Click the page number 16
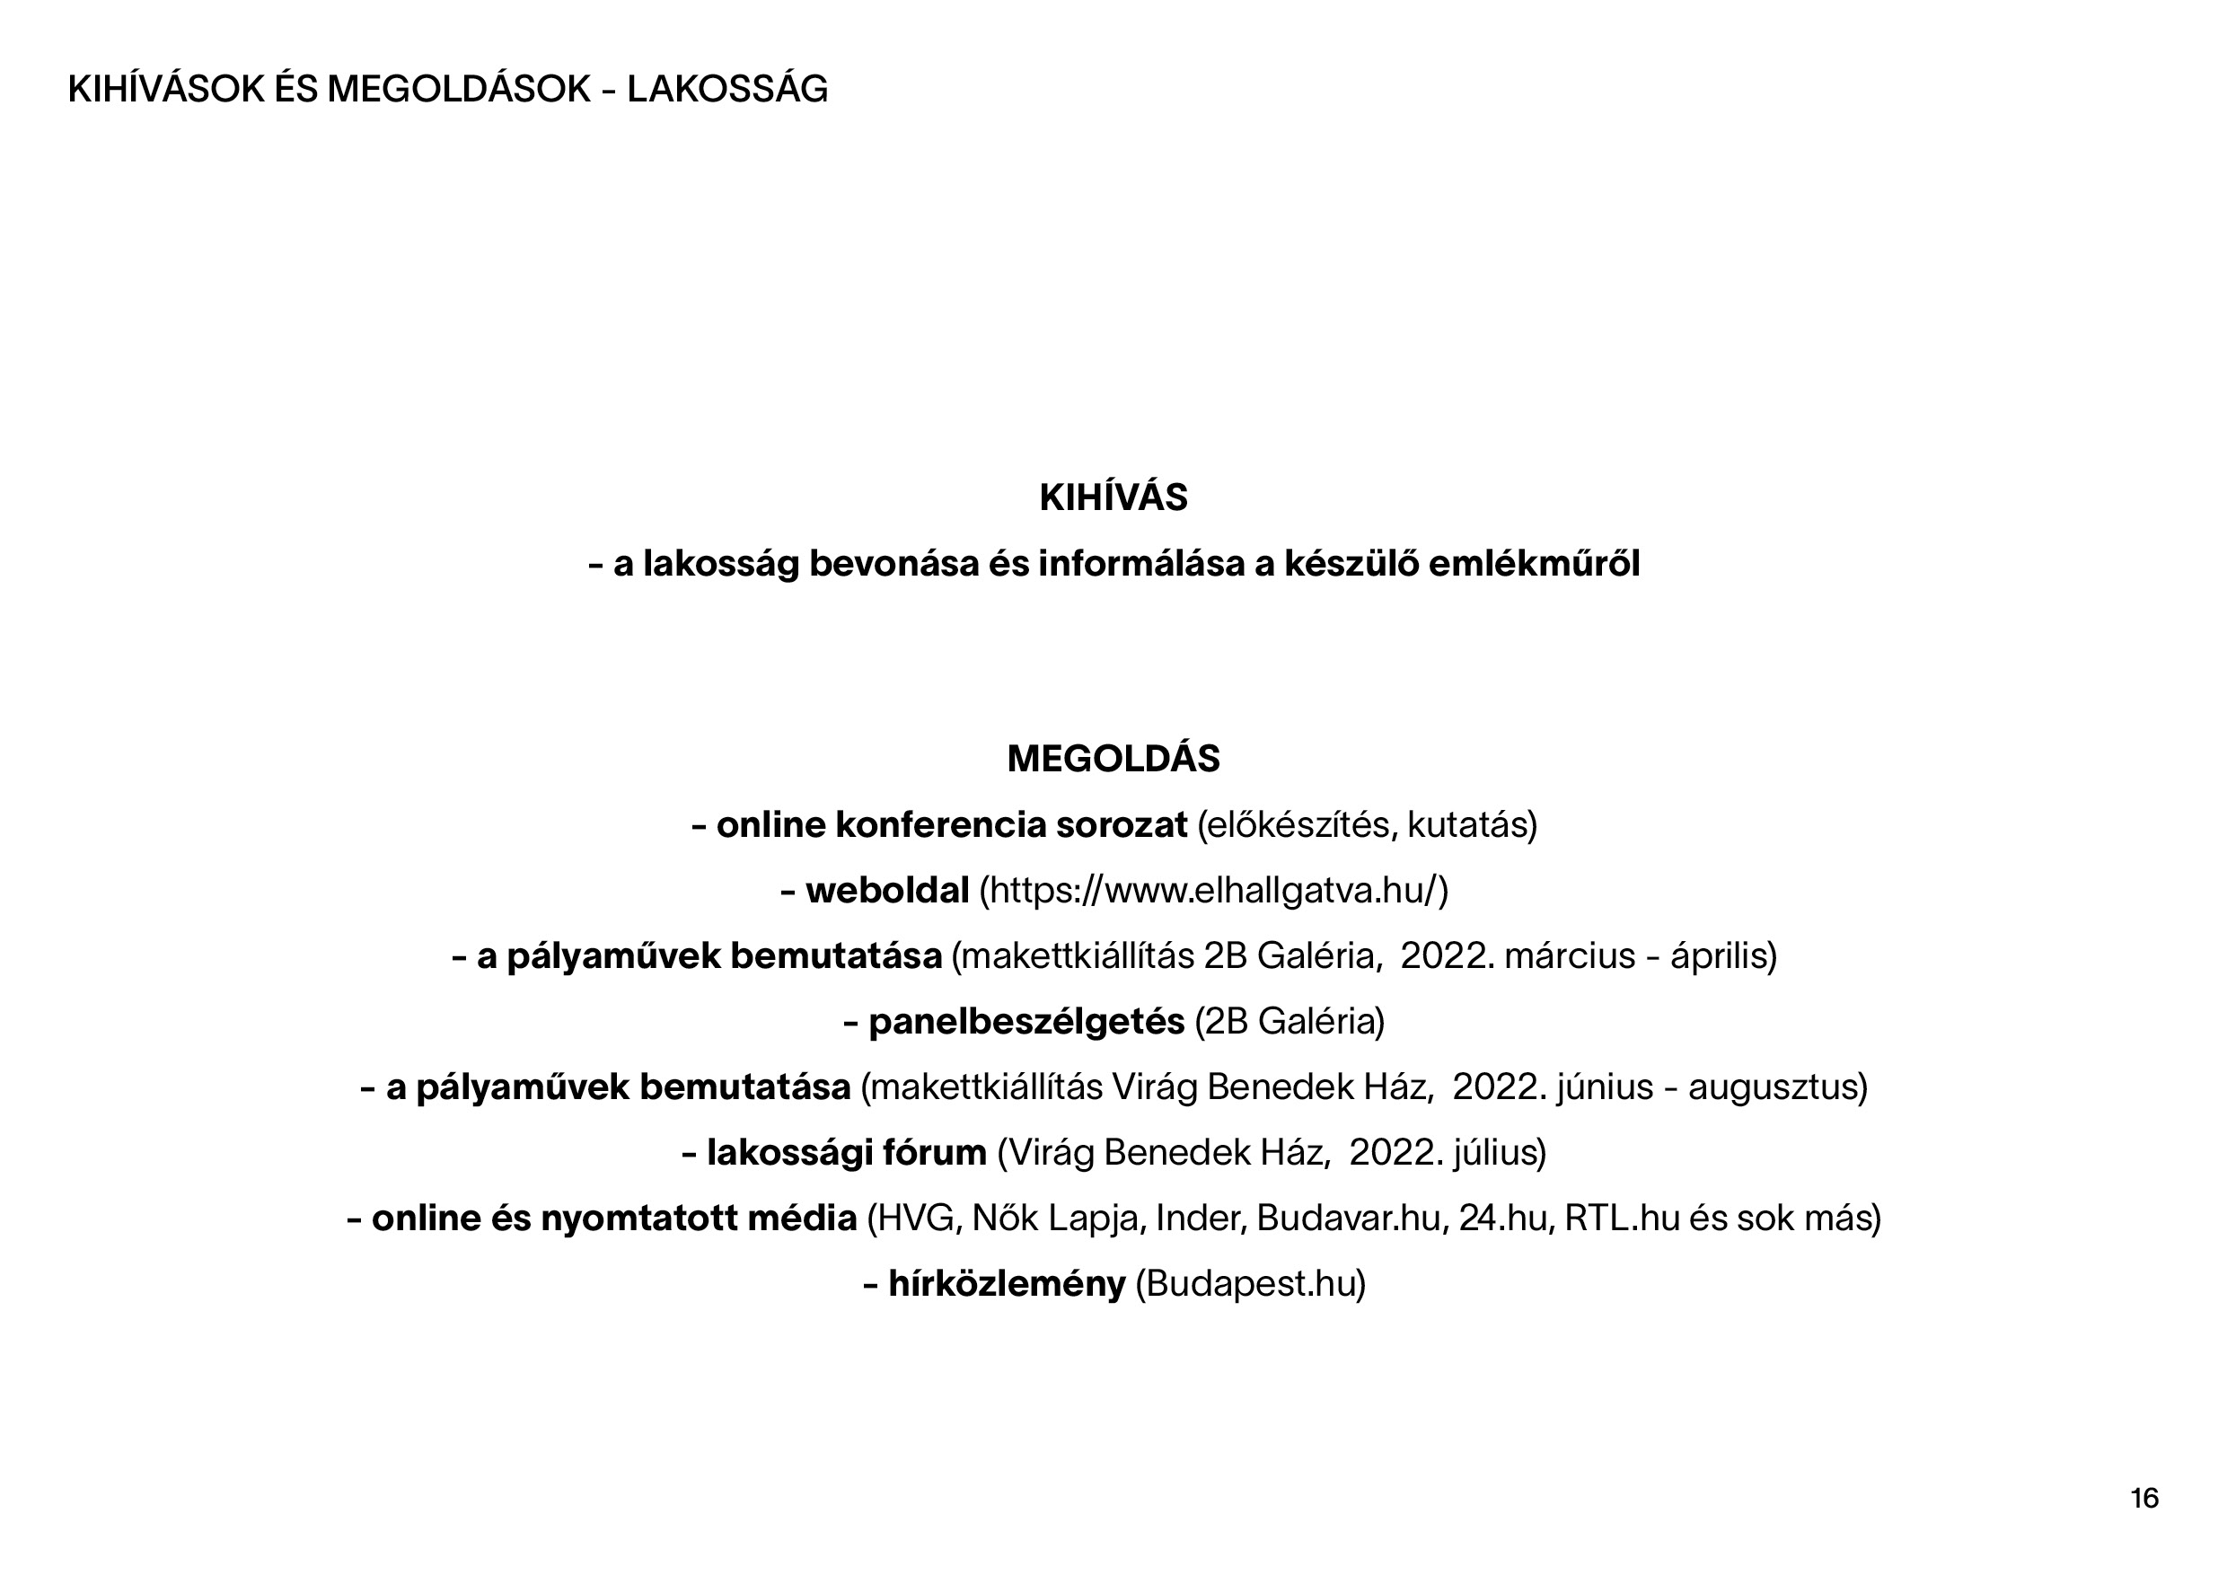[2143, 1499]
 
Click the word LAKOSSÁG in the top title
[727, 89]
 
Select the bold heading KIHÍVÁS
[1113, 497]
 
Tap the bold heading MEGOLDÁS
[1113, 759]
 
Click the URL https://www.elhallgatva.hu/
[1212, 890]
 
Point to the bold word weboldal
[886, 890]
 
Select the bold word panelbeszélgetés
[1026, 1021]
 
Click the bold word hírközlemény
[1007, 1284]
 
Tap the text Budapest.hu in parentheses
[1249, 1284]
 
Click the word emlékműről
[1534, 564]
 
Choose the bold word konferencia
[941, 825]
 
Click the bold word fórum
[934, 1153]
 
